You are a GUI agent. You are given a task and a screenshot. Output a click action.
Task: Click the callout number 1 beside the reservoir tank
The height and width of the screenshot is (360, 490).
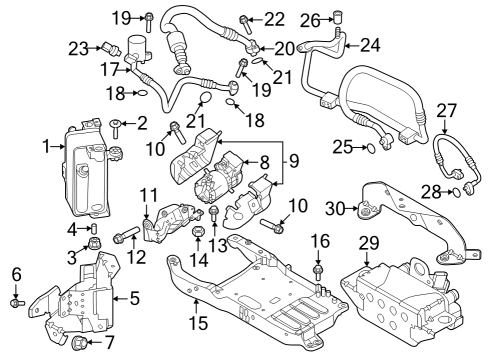(47, 146)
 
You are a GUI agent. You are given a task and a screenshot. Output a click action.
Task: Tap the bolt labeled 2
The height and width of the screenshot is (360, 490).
(116, 124)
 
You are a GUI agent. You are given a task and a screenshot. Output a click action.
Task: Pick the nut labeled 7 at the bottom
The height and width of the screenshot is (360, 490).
(80, 345)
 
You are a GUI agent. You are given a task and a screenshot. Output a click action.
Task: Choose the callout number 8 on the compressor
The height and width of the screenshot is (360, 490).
(265, 160)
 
